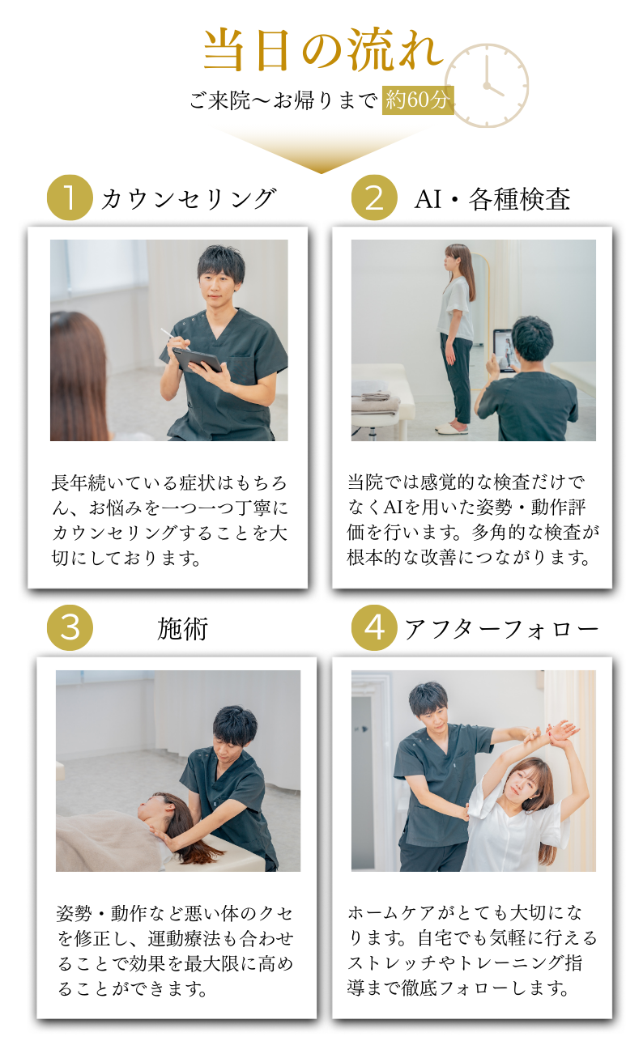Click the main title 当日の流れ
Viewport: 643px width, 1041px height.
pos(323,49)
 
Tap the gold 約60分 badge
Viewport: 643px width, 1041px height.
pos(418,100)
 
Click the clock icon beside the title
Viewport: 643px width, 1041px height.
pos(487,86)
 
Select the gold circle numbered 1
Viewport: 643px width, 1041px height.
pos(70,198)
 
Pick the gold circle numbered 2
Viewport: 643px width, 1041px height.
pos(374,198)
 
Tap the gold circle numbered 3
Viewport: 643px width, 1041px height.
pos(70,628)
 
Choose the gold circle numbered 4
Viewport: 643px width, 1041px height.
pos(374,628)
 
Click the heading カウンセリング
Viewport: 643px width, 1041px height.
pos(189,199)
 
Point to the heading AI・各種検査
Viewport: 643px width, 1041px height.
pos(492,199)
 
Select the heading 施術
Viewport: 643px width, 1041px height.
pos(182,629)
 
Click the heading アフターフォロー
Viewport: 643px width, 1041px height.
pos(501,629)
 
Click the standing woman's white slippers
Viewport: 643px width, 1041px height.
pos(452,428)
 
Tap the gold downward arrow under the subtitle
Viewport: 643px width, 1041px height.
pos(321,150)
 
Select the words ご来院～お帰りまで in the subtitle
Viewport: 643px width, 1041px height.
pos(283,100)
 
